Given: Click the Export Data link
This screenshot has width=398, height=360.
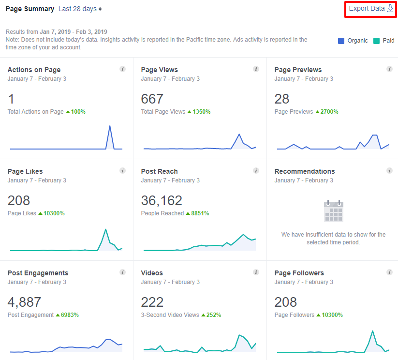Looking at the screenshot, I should (x=370, y=9).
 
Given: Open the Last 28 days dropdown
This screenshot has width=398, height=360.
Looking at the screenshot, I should (x=80, y=9).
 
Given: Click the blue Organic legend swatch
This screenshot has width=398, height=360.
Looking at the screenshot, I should (x=341, y=41).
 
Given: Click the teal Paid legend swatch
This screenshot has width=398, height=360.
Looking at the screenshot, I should (x=377, y=41).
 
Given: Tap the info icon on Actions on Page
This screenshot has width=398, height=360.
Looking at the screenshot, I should (x=122, y=69).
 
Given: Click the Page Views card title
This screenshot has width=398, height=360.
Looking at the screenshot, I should (x=160, y=70).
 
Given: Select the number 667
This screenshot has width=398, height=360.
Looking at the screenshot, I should (x=152, y=99).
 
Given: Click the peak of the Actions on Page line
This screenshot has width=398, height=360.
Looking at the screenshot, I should (x=110, y=126).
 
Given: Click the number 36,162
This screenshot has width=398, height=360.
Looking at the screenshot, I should (x=162, y=200).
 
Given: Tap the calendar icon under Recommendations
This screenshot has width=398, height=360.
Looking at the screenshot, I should (x=333, y=210).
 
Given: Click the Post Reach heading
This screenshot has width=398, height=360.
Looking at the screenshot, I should (x=159, y=171).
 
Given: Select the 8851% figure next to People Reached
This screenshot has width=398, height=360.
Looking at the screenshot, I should (x=201, y=213).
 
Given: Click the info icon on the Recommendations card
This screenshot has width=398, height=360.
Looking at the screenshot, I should (x=389, y=171).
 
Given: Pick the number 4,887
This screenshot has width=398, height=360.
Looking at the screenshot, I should (x=24, y=302).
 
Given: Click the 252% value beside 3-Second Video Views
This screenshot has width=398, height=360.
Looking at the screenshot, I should (x=213, y=315).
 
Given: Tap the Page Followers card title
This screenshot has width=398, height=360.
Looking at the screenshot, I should (x=299, y=273).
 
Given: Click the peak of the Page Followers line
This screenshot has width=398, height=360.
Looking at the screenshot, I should (x=372, y=331).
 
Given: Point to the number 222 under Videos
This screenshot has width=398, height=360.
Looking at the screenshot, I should (x=152, y=302).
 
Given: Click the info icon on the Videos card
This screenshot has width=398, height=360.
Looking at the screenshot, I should (x=256, y=272).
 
